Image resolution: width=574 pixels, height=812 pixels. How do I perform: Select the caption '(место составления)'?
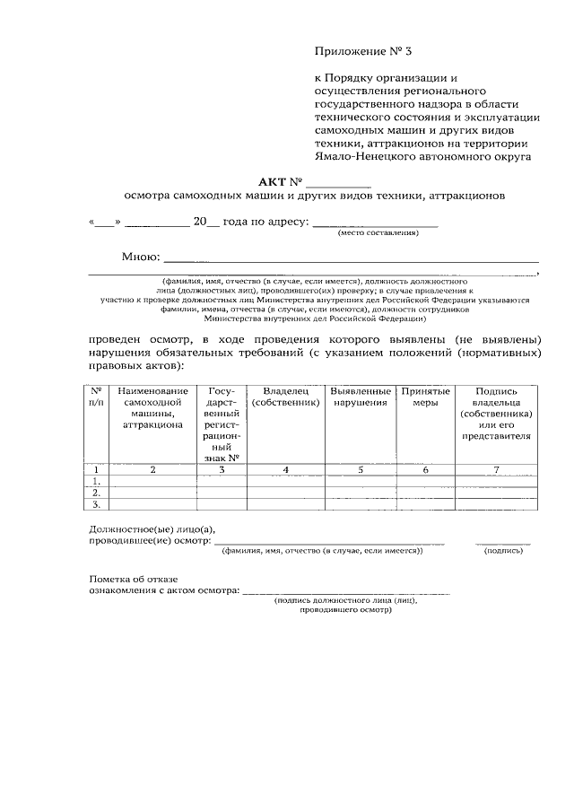378,233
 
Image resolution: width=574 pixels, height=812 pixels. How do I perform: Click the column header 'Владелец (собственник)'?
285,397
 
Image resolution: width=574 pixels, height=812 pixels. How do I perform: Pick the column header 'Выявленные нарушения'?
360,397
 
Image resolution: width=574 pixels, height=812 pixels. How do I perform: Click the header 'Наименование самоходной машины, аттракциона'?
152,408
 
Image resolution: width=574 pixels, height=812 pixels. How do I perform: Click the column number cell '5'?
360,469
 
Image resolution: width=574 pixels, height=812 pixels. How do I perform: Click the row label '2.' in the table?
96,492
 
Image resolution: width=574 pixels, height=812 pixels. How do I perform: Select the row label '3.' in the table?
96,503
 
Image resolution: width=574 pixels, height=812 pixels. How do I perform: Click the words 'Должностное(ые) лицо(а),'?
152,530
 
